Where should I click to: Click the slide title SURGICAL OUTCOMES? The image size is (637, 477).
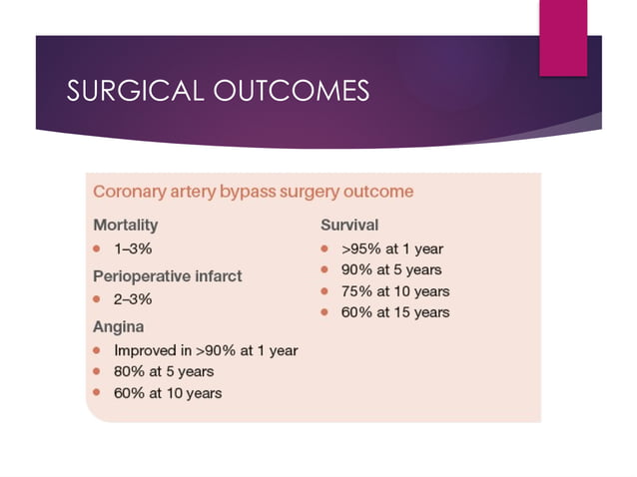(217, 91)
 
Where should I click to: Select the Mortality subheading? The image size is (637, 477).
(125, 225)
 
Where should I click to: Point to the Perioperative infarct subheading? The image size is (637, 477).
(167, 274)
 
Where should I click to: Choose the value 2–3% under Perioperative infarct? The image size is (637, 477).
(134, 298)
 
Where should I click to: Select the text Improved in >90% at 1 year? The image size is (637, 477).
(206, 350)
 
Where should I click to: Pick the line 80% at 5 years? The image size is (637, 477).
(164, 371)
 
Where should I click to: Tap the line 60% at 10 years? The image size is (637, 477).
(168, 392)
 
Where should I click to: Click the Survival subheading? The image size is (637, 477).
(348, 225)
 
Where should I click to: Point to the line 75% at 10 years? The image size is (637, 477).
(392, 291)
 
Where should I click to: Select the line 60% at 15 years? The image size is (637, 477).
(392, 312)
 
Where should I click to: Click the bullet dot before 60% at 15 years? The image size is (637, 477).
(324, 312)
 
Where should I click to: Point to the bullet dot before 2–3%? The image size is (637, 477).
(98, 298)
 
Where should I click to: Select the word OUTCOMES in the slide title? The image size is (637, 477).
(292, 91)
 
